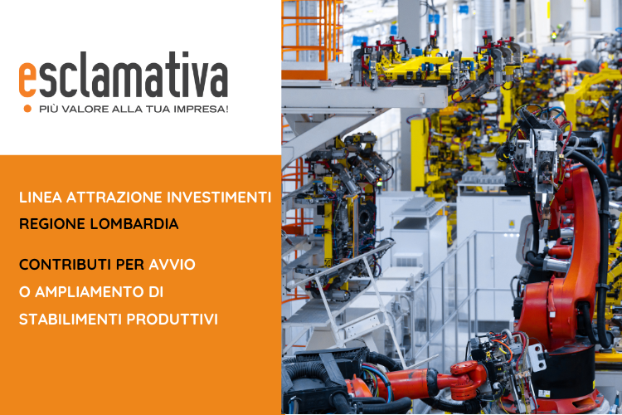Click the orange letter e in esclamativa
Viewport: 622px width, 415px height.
[27, 80]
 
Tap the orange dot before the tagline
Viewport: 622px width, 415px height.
[27, 109]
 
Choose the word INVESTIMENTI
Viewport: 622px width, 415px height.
[219, 198]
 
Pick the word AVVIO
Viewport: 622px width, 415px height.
[172, 265]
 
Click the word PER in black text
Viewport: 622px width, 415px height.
[130, 265]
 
